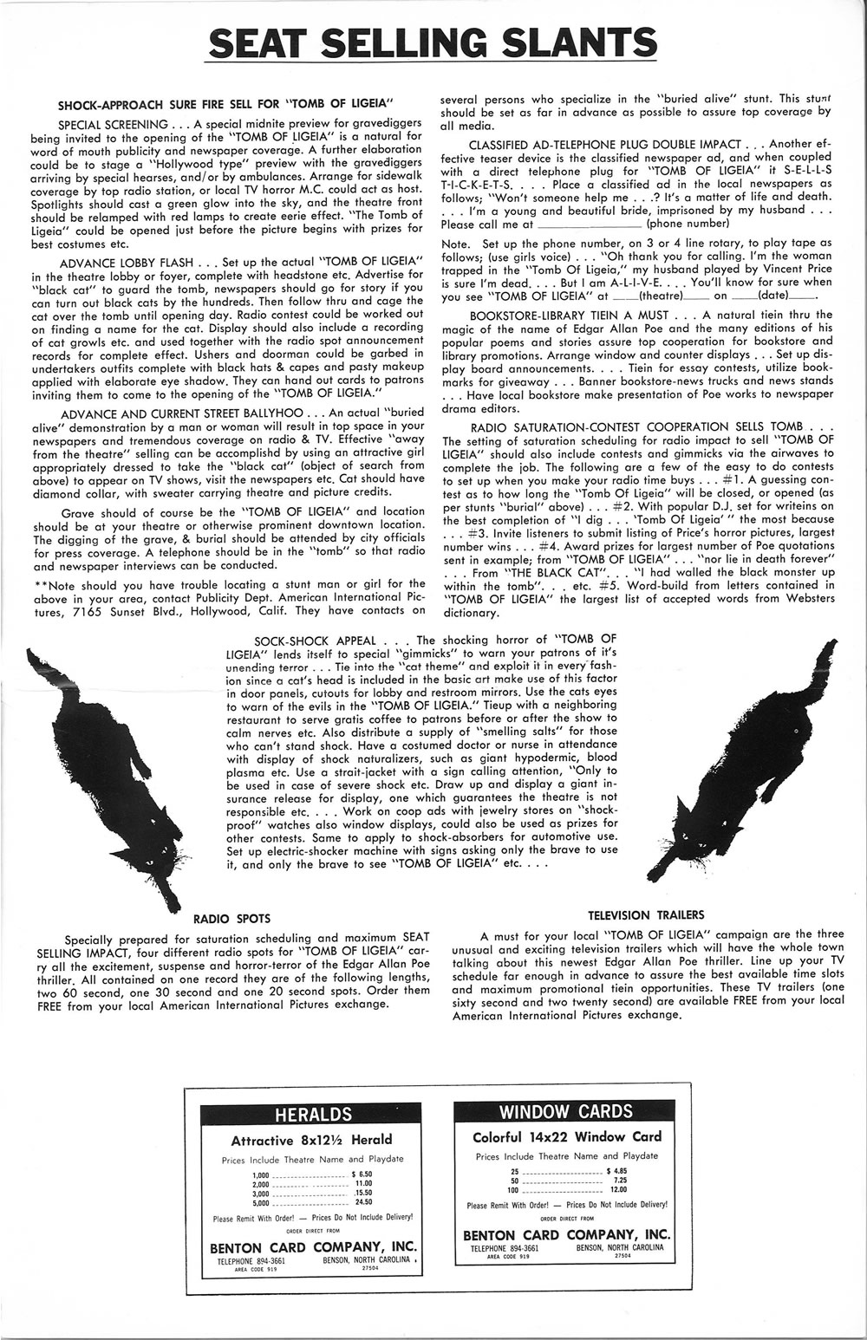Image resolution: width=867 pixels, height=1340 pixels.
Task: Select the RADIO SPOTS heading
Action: [x=231, y=918]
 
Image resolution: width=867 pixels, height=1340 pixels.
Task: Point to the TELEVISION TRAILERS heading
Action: [x=646, y=914]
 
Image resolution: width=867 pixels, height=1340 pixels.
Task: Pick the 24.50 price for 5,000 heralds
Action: [x=363, y=1202]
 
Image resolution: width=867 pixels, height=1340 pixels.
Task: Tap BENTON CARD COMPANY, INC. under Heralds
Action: [x=313, y=1247]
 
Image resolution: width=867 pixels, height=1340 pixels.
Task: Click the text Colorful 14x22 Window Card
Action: [x=566, y=1137]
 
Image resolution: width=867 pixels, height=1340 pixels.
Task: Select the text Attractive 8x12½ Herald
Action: [x=311, y=1140]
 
